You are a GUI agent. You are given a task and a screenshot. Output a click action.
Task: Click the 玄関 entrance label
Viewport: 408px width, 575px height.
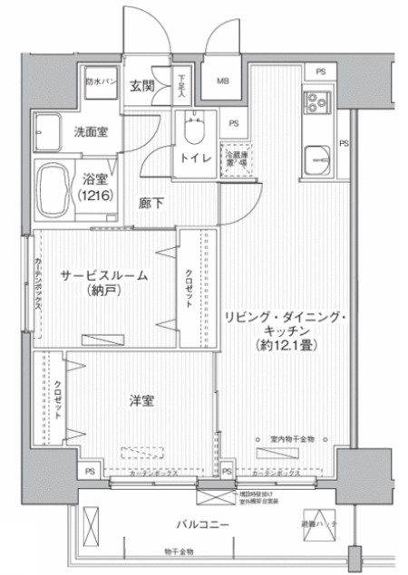tap(141, 86)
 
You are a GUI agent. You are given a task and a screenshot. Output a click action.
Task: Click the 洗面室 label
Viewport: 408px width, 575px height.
tap(91, 132)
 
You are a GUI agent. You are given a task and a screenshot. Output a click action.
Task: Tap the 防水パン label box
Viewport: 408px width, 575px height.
tap(100, 81)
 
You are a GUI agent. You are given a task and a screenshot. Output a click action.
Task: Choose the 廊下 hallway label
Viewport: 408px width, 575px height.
tap(151, 203)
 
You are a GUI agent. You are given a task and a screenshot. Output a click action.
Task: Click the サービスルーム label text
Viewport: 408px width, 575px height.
tap(104, 274)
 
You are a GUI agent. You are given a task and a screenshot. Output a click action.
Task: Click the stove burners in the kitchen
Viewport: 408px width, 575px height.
tap(319, 104)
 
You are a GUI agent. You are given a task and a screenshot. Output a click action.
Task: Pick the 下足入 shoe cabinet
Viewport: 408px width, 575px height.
tap(181, 85)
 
